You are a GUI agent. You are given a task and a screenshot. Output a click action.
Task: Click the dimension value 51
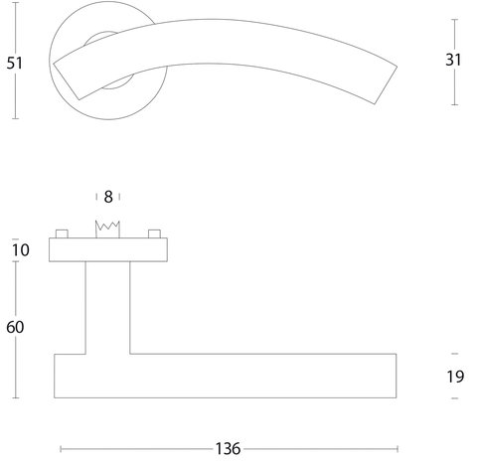coord(14,63)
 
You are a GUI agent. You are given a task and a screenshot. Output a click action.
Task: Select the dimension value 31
coord(453,60)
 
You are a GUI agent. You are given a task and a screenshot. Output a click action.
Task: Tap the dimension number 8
coord(108,197)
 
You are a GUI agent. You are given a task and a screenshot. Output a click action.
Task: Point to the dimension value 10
coord(21,250)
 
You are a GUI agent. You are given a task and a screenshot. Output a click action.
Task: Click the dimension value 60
coord(15,327)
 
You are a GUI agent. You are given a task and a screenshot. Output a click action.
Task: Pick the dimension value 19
coord(455,377)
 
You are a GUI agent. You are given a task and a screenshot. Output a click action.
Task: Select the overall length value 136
coord(228,449)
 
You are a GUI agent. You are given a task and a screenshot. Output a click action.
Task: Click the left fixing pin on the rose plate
coord(62,233)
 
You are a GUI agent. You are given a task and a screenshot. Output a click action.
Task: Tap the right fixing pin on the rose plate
coord(154,233)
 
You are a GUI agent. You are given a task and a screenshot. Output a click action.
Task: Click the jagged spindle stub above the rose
coord(107,230)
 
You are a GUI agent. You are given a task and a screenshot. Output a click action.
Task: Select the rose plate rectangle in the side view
coord(108,249)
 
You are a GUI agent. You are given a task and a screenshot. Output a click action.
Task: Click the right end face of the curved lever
coord(386,85)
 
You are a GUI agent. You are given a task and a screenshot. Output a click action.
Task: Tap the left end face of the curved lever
coord(66,80)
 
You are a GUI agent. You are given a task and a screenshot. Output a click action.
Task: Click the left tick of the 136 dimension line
coord(61,449)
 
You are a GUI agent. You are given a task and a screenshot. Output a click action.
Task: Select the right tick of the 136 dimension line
coord(398,449)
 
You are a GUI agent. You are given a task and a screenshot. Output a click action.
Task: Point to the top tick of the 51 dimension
coord(16,3)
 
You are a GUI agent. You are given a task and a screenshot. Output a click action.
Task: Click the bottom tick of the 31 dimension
coord(455,104)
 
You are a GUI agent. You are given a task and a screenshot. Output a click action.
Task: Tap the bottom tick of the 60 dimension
coord(16,397)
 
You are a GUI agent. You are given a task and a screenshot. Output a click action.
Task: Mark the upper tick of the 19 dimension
coord(455,354)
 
